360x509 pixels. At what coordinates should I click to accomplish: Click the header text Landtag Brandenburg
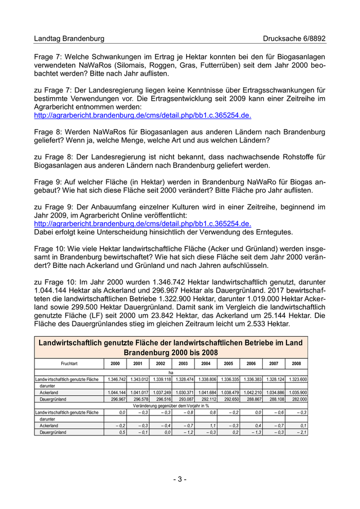69,39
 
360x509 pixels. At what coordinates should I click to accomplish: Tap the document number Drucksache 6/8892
294,39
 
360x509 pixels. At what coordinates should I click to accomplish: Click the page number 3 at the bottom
179,479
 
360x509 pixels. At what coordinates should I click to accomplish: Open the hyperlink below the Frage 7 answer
142,116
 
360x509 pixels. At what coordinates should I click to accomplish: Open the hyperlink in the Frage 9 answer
142,224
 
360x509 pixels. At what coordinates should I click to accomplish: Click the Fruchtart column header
69,363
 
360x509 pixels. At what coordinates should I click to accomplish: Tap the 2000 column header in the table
115,363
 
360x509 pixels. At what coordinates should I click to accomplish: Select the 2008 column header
296,363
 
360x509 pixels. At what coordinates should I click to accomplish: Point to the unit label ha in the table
171,372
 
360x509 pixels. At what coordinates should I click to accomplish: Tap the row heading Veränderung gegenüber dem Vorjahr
171,406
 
